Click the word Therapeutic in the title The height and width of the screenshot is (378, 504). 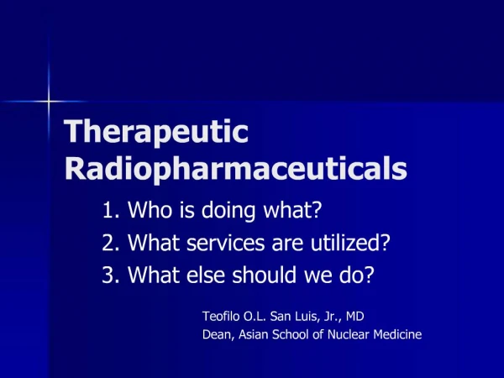click(x=157, y=134)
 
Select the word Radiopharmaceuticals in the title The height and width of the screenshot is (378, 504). click(x=235, y=169)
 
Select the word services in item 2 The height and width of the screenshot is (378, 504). click(x=223, y=243)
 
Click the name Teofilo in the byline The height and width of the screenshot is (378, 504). click(x=222, y=317)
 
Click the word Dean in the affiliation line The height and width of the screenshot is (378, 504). click(x=218, y=334)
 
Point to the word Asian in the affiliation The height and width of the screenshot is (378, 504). click(x=255, y=334)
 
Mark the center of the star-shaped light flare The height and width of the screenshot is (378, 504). click(x=50, y=102)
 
